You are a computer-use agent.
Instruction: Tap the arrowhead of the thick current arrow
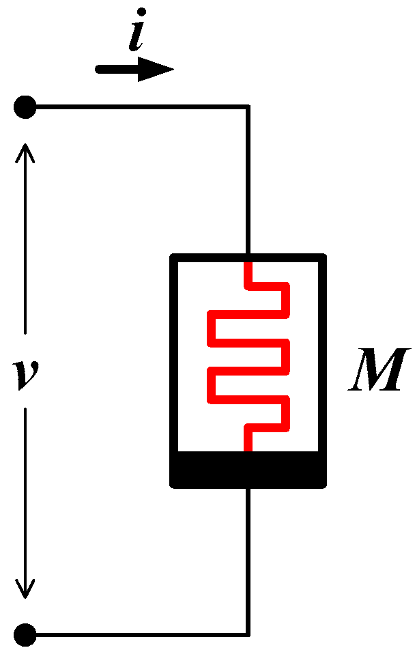click(x=156, y=69)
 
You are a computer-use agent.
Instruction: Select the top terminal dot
click(x=25, y=107)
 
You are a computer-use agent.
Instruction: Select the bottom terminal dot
click(x=25, y=634)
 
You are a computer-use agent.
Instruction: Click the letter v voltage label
click(x=27, y=375)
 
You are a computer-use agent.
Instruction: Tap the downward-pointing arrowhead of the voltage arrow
click(x=26, y=589)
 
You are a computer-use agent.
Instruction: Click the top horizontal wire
click(x=136, y=107)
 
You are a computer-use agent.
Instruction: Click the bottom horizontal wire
click(x=136, y=634)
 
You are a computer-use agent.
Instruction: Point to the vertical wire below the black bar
click(x=248, y=560)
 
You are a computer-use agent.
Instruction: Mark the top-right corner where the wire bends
click(x=248, y=107)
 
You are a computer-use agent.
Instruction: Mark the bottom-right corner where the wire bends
click(x=248, y=634)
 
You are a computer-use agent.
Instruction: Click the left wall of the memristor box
click(x=174, y=355)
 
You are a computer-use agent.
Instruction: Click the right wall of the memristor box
click(x=323, y=355)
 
